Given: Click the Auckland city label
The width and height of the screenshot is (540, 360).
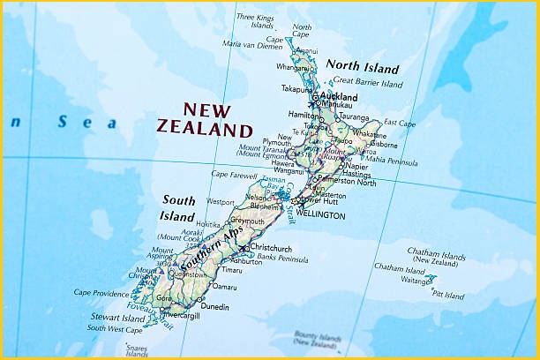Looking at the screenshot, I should click(x=340, y=97).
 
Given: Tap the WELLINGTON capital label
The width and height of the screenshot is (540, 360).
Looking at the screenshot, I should click(x=320, y=214).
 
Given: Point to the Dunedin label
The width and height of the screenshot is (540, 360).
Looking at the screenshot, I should click(x=215, y=307).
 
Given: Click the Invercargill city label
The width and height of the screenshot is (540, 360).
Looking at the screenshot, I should click(x=181, y=313).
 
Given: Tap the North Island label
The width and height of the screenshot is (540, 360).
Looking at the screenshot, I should click(x=362, y=67).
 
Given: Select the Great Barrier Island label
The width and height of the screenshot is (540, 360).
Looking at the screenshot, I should click(x=368, y=84).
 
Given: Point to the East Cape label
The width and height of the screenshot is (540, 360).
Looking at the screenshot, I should click(x=400, y=124).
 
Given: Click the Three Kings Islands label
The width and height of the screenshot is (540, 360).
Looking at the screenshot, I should click(x=255, y=21).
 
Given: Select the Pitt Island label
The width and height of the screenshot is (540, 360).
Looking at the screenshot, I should click(x=447, y=296).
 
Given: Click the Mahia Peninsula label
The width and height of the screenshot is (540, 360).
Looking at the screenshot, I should click(x=392, y=161).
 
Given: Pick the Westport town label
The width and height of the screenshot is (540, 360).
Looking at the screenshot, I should click(x=221, y=202).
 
